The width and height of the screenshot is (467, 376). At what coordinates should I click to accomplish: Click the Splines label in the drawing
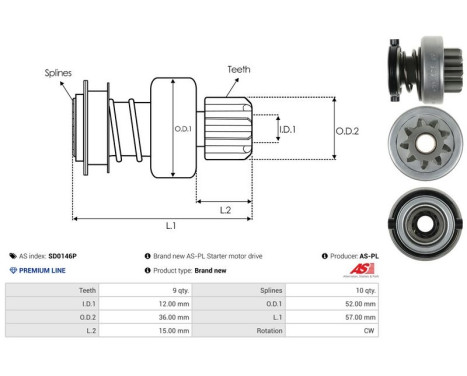coord(58,73)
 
